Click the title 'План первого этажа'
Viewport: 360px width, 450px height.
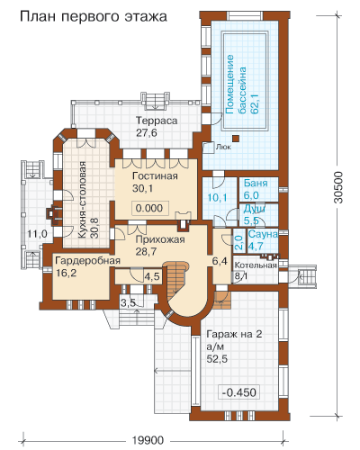tap(94, 17)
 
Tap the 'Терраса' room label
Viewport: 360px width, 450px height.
tap(157, 121)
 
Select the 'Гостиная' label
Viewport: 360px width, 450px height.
tap(155, 175)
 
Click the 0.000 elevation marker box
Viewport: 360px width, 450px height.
tap(149, 208)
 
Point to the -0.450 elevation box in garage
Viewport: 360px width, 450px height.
tap(239, 392)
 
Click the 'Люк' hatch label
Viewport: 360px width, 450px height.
tap(223, 147)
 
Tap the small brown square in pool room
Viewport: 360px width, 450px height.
tap(237, 139)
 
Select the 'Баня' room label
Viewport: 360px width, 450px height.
tap(256, 183)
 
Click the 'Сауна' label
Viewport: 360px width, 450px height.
tap(263, 234)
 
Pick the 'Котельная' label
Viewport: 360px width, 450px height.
tap(256, 265)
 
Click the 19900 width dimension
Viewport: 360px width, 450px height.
tap(148, 440)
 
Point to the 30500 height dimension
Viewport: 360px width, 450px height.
tap(338, 187)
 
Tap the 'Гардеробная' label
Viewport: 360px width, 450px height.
tap(88, 260)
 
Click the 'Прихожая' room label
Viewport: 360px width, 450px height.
tap(160, 239)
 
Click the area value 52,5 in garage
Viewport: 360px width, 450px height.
tap(217, 359)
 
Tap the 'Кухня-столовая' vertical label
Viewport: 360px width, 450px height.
tap(83, 201)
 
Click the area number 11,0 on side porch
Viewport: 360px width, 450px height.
tap(37, 234)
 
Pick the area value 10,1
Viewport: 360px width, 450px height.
tap(217, 198)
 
